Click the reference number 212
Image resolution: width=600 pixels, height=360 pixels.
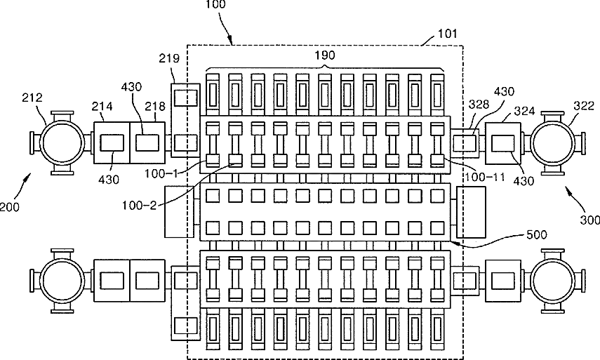tap(32, 98)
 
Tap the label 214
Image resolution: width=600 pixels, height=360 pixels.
tap(102, 106)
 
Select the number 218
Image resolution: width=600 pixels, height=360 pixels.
tap(155, 106)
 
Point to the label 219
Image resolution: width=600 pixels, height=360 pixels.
tap(169, 58)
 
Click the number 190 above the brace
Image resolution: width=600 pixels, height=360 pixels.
tap(325, 55)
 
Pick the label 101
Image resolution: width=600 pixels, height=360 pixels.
tap(447, 34)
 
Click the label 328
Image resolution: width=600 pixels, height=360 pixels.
tap(479, 105)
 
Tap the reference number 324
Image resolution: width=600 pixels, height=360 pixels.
tap(524, 111)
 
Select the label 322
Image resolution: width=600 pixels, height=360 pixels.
tap(584, 105)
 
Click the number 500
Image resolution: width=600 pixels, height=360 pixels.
tap(537, 234)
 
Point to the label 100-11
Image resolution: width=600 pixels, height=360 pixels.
tap(484, 177)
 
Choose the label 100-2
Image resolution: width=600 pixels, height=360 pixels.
tap(139, 206)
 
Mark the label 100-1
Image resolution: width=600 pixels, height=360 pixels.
tap(161, 174)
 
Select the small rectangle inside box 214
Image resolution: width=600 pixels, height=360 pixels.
tap(112, 143)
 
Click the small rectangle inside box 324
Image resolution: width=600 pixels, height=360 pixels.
tap(502, 143)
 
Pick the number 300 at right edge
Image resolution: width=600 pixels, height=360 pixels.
tap(590, 220)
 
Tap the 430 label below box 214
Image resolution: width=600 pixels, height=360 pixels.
tap(109, 179)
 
